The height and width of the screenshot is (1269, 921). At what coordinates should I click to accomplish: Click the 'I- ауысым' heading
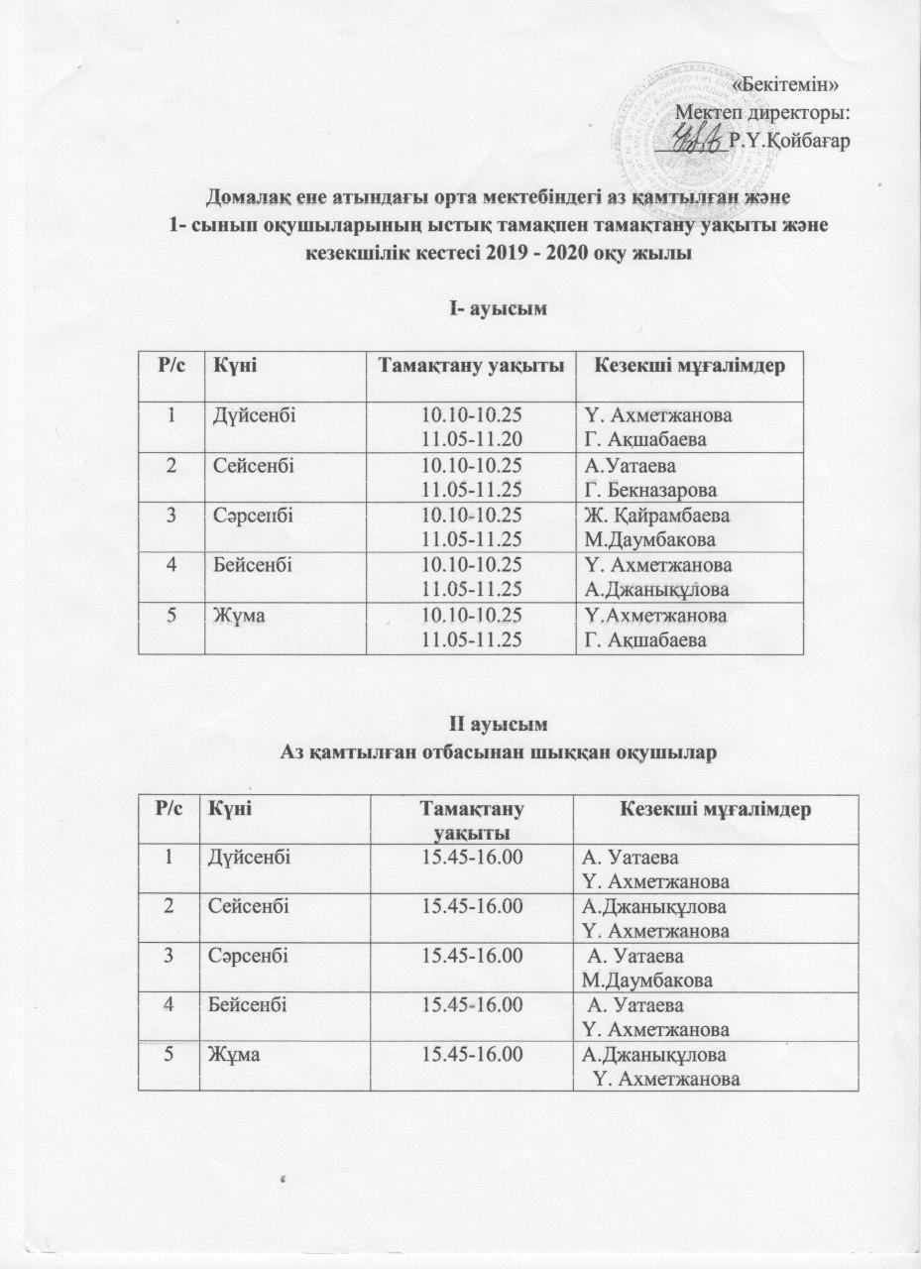507,309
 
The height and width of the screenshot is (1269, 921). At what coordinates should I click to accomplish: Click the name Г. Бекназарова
652,490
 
